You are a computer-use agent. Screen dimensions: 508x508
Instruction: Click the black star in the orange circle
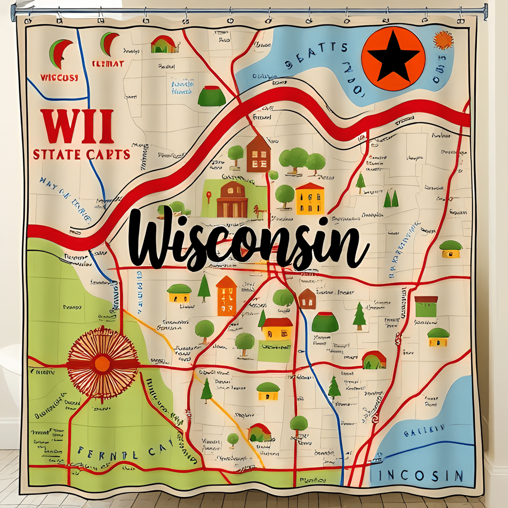(393, 59)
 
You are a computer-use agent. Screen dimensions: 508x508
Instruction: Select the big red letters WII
(78, 126)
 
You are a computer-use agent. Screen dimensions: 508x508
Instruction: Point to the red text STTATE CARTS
(82, 154)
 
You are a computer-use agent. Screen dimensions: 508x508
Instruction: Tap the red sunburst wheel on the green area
(102, 362)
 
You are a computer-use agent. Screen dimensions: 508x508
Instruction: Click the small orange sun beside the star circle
(443, 40)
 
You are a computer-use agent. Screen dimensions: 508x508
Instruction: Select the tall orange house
(226, 296)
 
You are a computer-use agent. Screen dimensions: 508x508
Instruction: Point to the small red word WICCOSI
(60, 78)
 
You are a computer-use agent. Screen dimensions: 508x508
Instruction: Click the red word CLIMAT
(107, 63)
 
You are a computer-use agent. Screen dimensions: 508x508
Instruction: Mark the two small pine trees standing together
(391, 199)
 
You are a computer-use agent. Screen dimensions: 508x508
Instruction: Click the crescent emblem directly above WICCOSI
(60, 53)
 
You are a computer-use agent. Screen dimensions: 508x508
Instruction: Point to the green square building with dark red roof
(426, 306)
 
